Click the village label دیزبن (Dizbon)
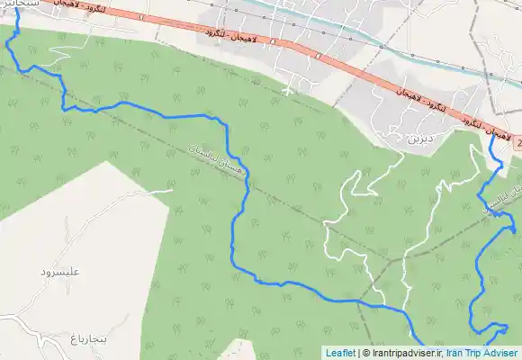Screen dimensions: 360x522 pos(420,139)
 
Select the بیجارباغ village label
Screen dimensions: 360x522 pos(88,338)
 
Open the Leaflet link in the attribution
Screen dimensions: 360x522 pos(340,353)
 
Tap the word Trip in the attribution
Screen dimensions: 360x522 pos(477,353)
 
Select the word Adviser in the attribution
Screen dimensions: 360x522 pos(503,353)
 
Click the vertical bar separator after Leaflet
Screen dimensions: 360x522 pos(359,353)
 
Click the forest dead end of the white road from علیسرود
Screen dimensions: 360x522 pos(172,189)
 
